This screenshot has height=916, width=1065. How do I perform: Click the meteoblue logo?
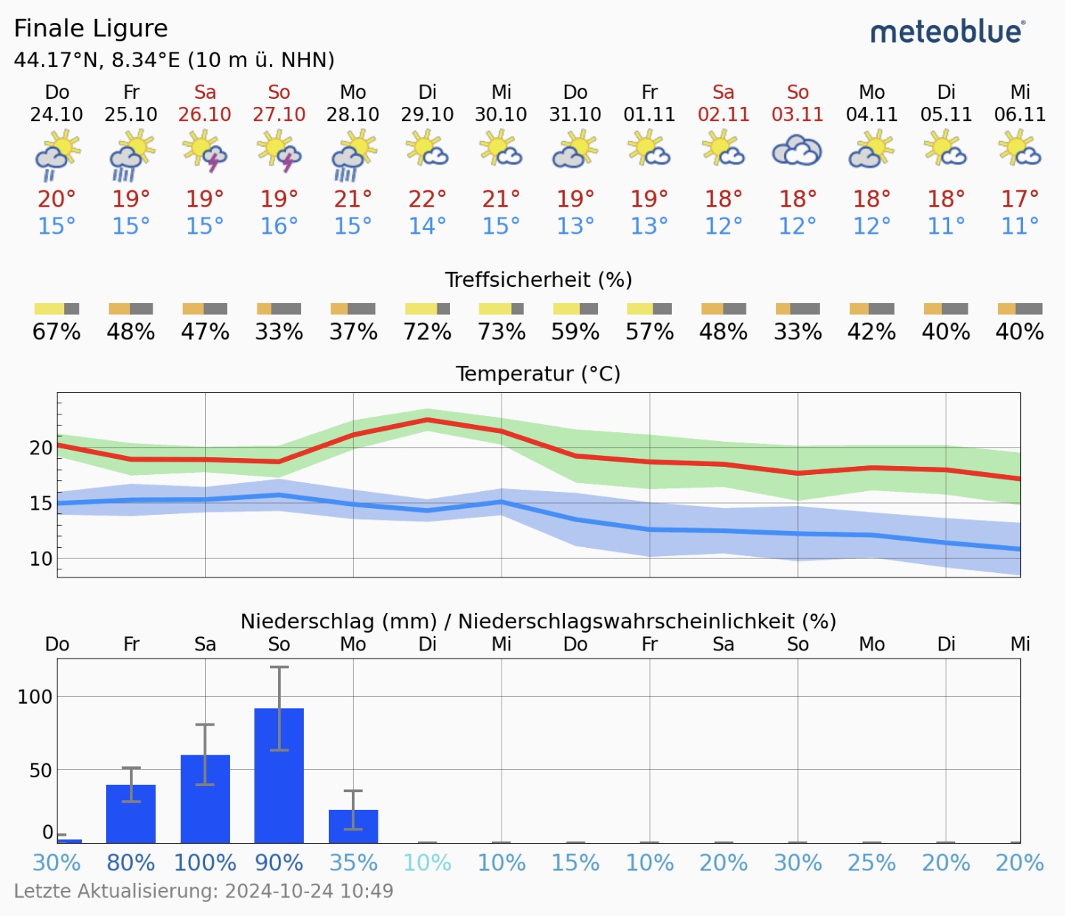click(947, 32)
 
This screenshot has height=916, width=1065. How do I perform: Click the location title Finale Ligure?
click(91, 28)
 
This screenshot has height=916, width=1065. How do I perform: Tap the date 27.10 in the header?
click(279, 114)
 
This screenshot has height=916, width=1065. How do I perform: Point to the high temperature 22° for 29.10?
click(428, 199)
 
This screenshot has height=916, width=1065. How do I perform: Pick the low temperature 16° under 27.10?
click(279, 226)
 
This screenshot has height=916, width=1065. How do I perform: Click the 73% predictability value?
click(502, 332)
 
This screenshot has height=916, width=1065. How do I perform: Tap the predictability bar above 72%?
click(428, 308)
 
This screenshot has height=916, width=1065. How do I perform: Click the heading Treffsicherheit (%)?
click(538, 280)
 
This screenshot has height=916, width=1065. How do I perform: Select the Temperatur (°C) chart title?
click(538, 374)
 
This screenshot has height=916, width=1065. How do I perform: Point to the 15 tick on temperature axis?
click(41, 504)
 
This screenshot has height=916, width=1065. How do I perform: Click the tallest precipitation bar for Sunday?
click(279, 774)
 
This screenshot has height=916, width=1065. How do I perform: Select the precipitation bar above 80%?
click(131, 813)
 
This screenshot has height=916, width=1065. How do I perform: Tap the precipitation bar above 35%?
click(353, 826)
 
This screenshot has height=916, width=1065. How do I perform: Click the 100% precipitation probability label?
click(205, 863)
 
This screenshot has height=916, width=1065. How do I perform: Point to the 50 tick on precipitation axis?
click(41, 770)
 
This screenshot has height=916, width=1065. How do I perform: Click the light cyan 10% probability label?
click(428, 863)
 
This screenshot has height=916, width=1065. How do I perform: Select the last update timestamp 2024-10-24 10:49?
click(309, 891)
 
